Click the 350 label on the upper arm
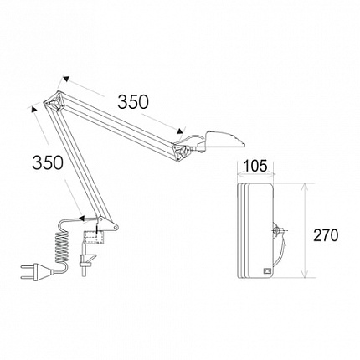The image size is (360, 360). tap(133, 102)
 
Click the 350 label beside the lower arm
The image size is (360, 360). tap(48, 162)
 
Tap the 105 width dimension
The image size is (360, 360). tap(255, 167)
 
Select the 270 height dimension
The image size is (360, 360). tap(326, 235)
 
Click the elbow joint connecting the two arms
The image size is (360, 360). tap(55, 100)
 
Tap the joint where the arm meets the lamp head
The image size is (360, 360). tap(182, 152)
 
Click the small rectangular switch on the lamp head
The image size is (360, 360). tap(267, 271)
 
